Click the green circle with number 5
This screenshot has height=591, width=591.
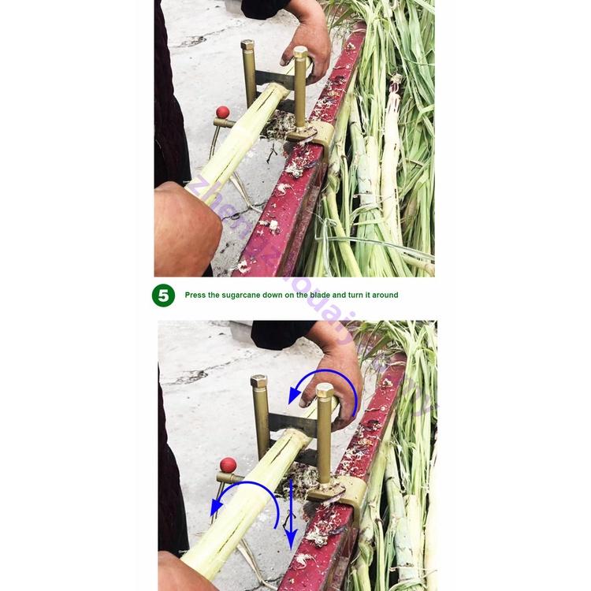tap(163, 295)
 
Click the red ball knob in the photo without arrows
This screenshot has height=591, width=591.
tap(222, 112)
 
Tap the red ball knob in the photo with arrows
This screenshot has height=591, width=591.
tap(228, 465)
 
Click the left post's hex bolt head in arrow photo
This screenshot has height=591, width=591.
tap(258, 381)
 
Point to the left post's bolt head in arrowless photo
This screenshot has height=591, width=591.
tap(248, 46)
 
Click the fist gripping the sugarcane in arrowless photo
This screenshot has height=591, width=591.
tap(186, 229)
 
